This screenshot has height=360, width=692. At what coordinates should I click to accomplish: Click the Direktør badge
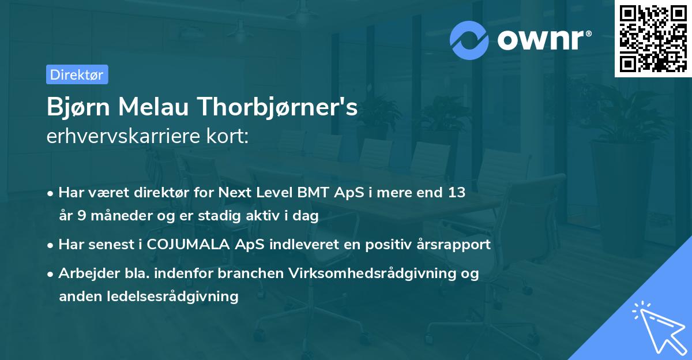pos(77,74)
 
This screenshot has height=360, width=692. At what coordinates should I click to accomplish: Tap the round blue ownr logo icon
pos(469,40)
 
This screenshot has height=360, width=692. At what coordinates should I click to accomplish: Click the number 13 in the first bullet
pos(456,193)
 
